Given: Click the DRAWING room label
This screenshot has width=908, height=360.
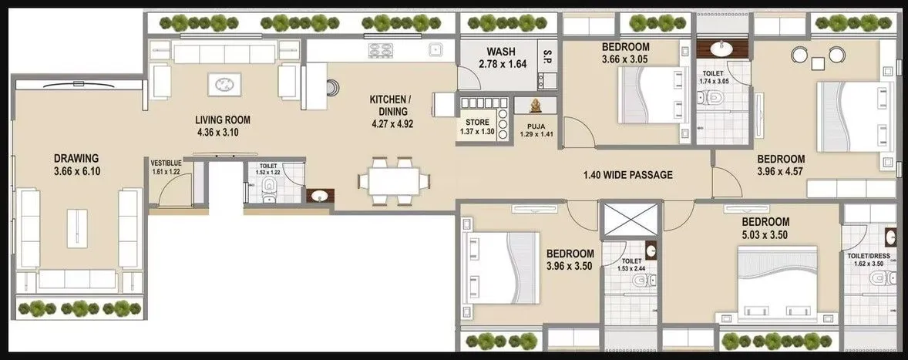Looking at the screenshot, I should (76, 158).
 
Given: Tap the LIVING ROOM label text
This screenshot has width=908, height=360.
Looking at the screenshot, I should (223, 119).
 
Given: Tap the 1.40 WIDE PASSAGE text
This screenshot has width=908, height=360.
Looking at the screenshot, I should (627, 175).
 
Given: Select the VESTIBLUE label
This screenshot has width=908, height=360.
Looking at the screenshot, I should (166, 163).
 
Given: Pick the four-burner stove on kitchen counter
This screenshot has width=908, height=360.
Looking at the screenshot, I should (382, 50).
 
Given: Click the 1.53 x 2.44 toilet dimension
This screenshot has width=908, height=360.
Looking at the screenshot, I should (631, 270).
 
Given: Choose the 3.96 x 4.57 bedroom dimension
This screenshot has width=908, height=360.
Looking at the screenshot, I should (780, 173).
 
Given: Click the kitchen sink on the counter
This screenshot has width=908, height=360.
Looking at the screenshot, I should (436, 50).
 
